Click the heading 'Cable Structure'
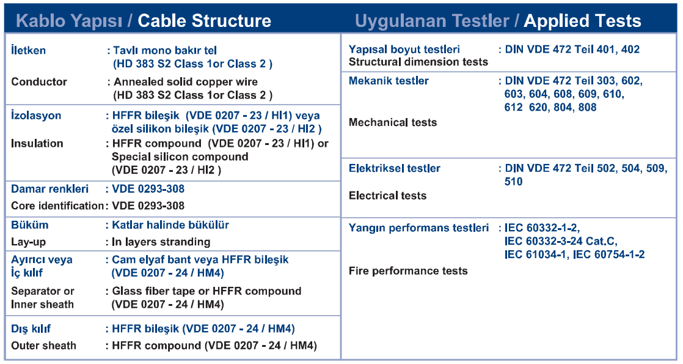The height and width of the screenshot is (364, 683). pyautogui.click(x=204, y=21)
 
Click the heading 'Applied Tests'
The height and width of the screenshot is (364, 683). pyautogui.click(x=582, y=21)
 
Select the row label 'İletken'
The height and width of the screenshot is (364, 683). pyautogui.click(x=28, y=50)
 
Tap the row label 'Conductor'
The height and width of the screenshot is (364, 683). pyautogui.click(x=39, y=81)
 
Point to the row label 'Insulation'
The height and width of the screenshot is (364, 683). pyautogui.click(x=37, y=143)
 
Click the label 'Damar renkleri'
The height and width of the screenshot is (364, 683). pyautogui.click(x=49, y=189)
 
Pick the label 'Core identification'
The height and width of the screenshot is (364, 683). pyautogui.click(x=57, y=206)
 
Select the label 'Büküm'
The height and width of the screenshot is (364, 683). pyautogui.click(x=29, y=225)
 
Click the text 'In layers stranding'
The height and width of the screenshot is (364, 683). pyautogui.click(x=161, y=242)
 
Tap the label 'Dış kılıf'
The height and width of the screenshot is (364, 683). pyautogui.click(x=31, y=329)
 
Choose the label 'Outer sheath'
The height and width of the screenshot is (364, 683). pyautogui.click(x=43, y=346)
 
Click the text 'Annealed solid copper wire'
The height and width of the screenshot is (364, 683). pyautogui.click(x=186, y=81)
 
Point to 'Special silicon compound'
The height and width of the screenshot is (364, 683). pyautogui.click(x=180, y=157)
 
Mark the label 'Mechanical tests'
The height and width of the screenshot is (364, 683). pyautogui.click(x=393, y=122)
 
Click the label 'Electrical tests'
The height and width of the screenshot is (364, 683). pyautogui.click(x=388, y=196)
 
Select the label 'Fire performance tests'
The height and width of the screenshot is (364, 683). pyautogui.click(x=408, y=271)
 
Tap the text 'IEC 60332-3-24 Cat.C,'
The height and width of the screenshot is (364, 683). pyautogui.click(x=561, y=242)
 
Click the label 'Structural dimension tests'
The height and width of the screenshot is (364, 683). pyautogui.click(x=418, y=62)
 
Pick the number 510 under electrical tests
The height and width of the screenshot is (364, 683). pyautogui.click(x=514, y=182)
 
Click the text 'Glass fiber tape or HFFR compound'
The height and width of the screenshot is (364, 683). pyautogui.click(x=207, y=291)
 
